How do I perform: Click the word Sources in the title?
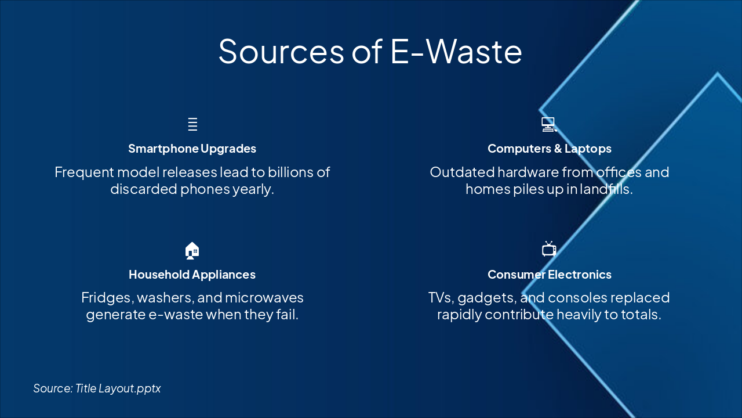[281, 51]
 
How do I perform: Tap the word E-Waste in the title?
[456, 51]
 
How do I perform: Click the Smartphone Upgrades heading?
[192, 149]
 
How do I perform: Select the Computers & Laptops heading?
[549, 149]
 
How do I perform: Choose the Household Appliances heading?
[192, 275]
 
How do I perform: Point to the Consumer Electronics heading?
[549, 275]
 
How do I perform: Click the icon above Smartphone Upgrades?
[192, 124]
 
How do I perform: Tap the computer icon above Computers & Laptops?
[548, 124]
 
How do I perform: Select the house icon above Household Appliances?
[192, 250]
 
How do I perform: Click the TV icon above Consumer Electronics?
[549, 249]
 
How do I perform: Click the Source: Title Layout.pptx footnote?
[97, 388]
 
